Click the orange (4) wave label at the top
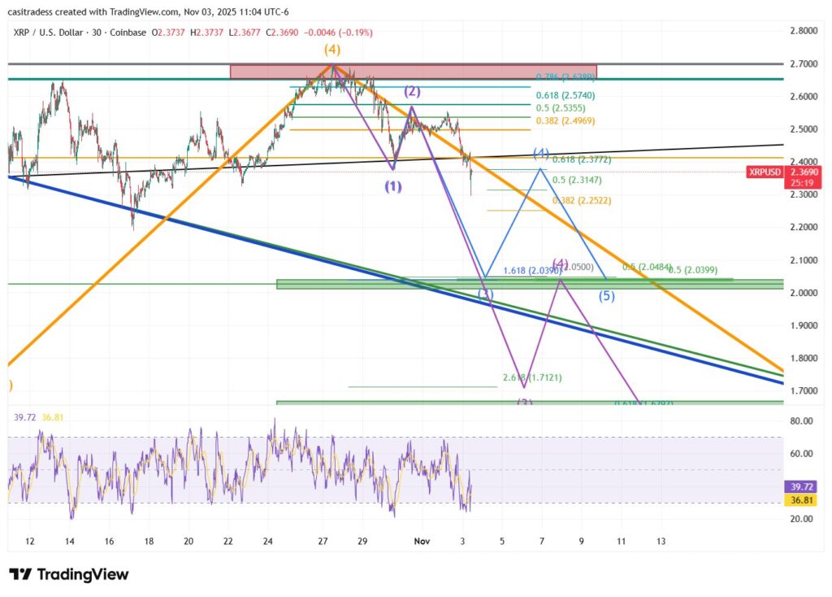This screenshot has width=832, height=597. pos(331,50)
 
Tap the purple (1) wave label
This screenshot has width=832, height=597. pos(393,186)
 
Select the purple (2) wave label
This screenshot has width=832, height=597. pos(412,91)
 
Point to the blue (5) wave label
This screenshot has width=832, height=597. pos(607,296)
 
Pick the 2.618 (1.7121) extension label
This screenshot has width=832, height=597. pos(532,378)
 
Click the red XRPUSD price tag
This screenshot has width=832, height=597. pos(765,172)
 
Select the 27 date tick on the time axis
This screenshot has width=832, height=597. pos(323,541)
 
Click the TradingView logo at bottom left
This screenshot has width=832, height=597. pos(69,574)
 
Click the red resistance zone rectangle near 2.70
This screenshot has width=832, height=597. pos(413,72)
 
